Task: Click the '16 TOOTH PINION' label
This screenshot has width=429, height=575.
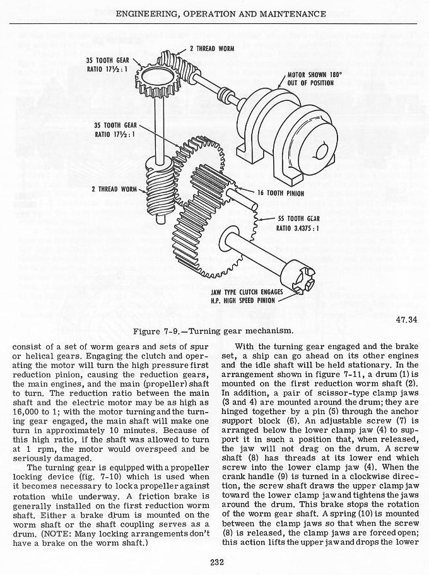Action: coord(288,193)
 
